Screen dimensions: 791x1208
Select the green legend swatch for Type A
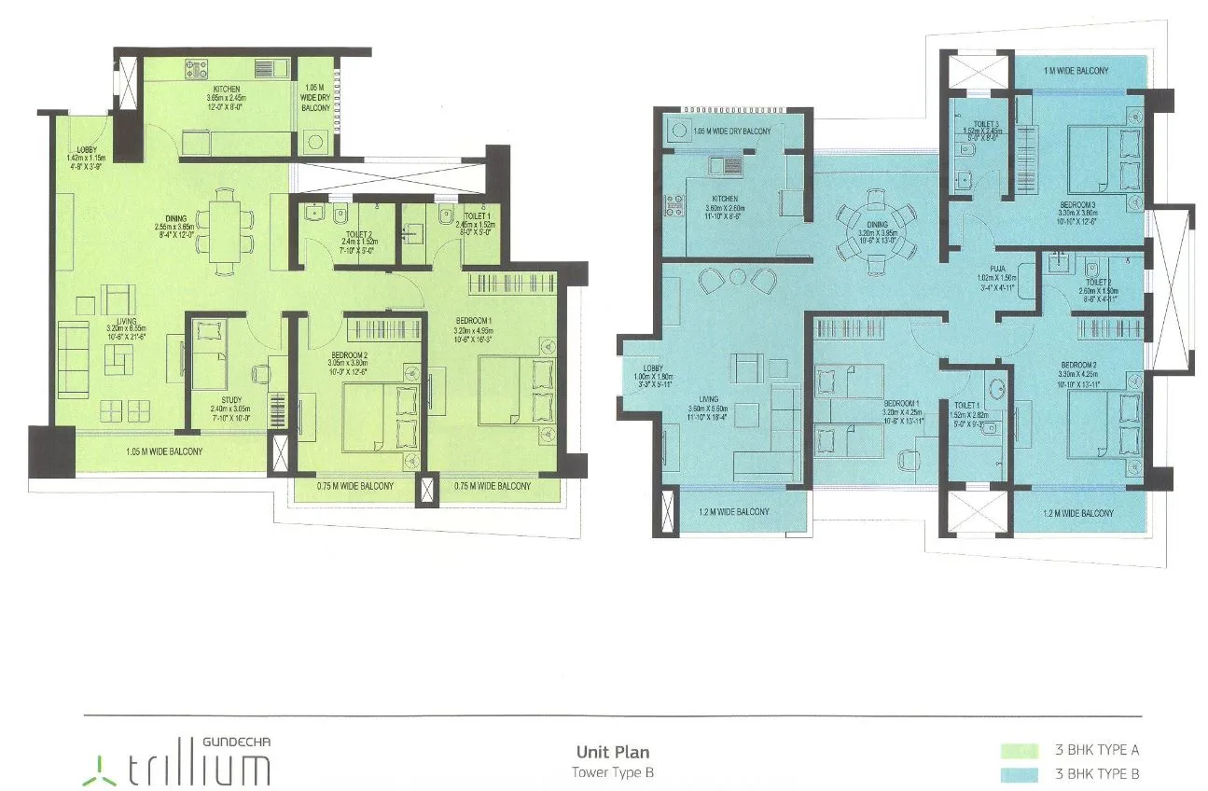[1019, 750]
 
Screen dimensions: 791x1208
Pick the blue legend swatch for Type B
[1019, 773]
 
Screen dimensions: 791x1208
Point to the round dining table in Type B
[874, 227]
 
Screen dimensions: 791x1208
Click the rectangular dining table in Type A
[223, 231]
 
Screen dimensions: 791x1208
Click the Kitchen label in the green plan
[227, 90]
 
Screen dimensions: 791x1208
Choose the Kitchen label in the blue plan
[724, 199]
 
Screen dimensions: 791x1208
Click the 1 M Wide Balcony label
[1076, 72]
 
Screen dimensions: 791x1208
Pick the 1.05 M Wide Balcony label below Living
[164, 451]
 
